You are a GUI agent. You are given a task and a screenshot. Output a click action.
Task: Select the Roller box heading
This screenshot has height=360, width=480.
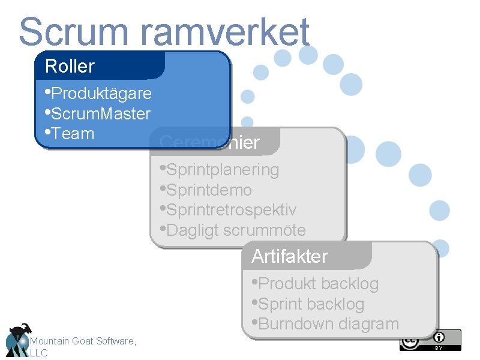[x=70, y=66]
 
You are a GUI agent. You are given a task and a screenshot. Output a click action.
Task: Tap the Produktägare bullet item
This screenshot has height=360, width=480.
[x=101, y=94]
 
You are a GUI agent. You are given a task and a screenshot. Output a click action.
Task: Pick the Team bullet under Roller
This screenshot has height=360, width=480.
[x=73, y=133]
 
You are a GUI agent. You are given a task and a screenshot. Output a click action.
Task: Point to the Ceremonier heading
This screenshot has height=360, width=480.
[x=209, y=143]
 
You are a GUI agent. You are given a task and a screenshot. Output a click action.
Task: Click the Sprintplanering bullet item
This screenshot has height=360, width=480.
[x=223, y=170]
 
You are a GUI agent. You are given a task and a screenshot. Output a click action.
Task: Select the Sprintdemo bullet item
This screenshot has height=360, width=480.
[x=209, y=190]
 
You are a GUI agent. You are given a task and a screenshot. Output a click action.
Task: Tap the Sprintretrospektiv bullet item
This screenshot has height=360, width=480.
[x=231, y=210]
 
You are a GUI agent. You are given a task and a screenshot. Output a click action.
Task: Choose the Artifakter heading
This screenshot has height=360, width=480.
[x=290, y=256]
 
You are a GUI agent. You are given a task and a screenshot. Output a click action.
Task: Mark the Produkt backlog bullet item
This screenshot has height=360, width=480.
[x=318, y=283]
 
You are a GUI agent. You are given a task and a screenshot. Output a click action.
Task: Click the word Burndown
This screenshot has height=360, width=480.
[x=296, y=324]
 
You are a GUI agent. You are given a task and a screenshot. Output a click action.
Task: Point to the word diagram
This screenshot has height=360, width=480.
[x=368, y=324]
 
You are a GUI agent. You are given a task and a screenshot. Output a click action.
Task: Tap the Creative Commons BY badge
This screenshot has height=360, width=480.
[x=430, y=340]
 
